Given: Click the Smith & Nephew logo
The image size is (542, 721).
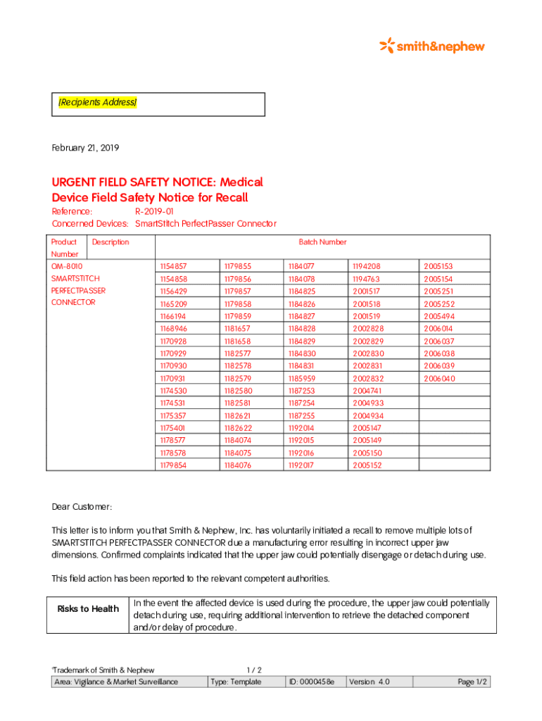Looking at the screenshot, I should pyautogui.click(x=432, y=46).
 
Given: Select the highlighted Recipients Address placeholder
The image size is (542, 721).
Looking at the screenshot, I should pyautogui.click(x=97, y=103).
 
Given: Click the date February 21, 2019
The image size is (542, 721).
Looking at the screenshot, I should pyautogui.click(x=85, y=148).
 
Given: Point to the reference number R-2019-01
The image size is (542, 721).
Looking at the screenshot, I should pyautogui.click(x=154, y=211).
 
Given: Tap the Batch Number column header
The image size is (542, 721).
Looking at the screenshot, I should pyautogui.click(x=322, y=242).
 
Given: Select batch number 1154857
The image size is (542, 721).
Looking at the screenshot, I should pyautogui.click(x=173, y=266).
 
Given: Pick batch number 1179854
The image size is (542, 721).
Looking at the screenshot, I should pyautogui.click(x=173, y=465).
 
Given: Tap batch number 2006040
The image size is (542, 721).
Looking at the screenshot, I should pyautogui.click(x=439, y=378).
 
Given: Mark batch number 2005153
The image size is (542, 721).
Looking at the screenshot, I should pyautogui.click(x=439, y=266).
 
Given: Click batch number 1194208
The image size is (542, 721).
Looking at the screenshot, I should pyautogui.click(x=367, y=266).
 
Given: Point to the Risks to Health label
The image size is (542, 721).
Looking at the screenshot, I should pyautogui.click(x=88, y=609).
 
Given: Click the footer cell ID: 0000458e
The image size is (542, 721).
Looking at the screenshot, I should pyautogui.click(x=312, y=682).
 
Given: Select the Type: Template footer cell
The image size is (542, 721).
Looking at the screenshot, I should pyautogui.click(x=236, y=682).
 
